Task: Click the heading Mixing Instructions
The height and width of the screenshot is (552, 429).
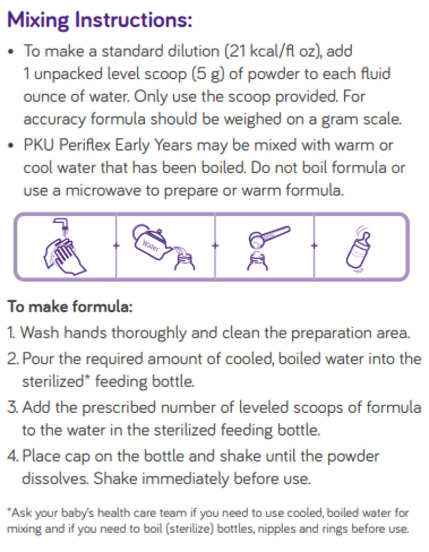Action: coord(99,21)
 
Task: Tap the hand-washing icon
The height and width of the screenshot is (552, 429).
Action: coord(64,247)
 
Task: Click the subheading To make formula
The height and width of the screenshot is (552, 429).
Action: coord(70,308)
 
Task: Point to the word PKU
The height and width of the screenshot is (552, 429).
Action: coord(39,145)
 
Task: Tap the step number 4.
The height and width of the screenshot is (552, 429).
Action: coord(12,456)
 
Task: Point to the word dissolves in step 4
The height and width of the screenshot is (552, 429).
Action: coord(55,479)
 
